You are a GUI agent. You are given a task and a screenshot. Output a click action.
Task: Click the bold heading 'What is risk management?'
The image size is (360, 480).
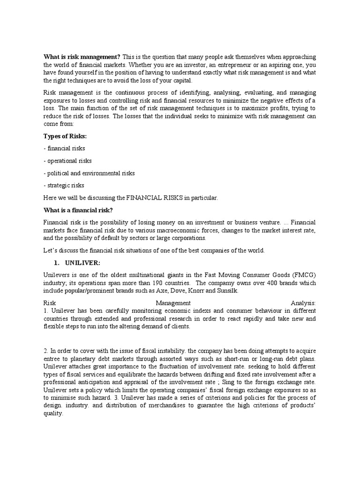(82, 57)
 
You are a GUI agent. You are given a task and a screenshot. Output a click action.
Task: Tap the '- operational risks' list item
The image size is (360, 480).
(67, 161)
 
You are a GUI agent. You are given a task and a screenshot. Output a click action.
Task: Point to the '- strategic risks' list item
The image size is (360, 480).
(64, 185)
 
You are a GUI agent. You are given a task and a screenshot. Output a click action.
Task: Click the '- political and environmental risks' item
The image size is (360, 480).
(89, 173)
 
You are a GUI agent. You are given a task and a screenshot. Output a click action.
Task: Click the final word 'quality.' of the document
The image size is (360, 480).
(52, 413)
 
